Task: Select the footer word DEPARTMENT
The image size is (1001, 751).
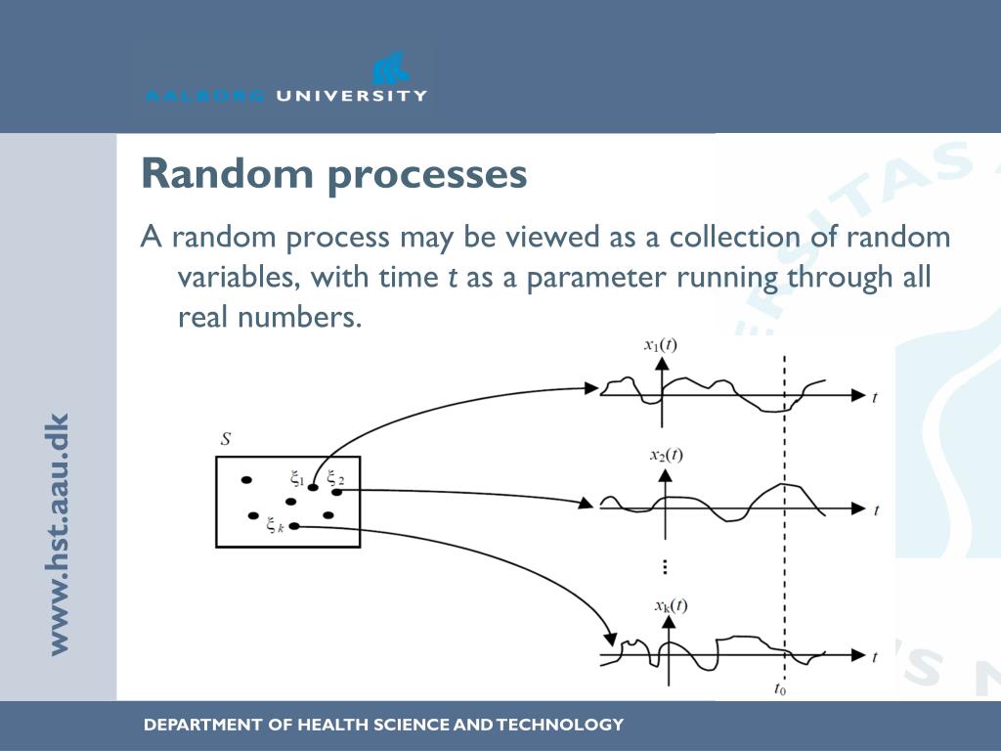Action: [202, 725]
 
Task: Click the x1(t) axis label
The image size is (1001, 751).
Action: [661, 344]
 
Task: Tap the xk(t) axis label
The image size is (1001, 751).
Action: [671, 606]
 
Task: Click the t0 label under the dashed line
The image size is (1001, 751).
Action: [780, 688]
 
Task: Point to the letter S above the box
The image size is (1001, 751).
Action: [226, 439]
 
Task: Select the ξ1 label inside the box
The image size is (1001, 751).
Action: [297, 478]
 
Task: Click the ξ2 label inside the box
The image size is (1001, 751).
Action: [335, 478]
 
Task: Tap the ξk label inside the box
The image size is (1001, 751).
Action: [275, 525]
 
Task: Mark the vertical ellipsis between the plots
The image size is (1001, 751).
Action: [665, 566]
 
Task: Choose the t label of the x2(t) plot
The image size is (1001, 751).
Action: [877, 509]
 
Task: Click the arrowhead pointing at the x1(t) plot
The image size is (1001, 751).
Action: [591, 387]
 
